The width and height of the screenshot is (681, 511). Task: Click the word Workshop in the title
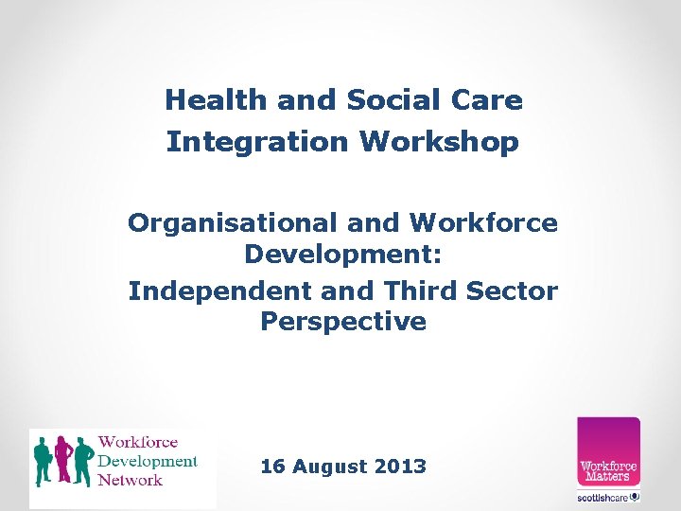click(x=439, y=142)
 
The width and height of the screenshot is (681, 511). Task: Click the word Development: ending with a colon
click(x=343, y=255)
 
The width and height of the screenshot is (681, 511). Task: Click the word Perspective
click(x=343, y=322)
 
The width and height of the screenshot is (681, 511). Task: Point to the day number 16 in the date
click(x=272, y=467)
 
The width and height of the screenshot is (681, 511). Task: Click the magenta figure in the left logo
click(x=64, y=459)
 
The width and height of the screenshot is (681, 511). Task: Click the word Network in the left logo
click(x=131, y=481)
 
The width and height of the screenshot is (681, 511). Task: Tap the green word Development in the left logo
click(x=148, y=462)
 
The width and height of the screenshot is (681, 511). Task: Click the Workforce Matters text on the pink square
click(x=608, y=470)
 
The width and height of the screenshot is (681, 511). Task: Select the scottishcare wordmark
click(x=602, y=497)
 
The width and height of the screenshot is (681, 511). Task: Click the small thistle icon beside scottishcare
click(x=635, y=496)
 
